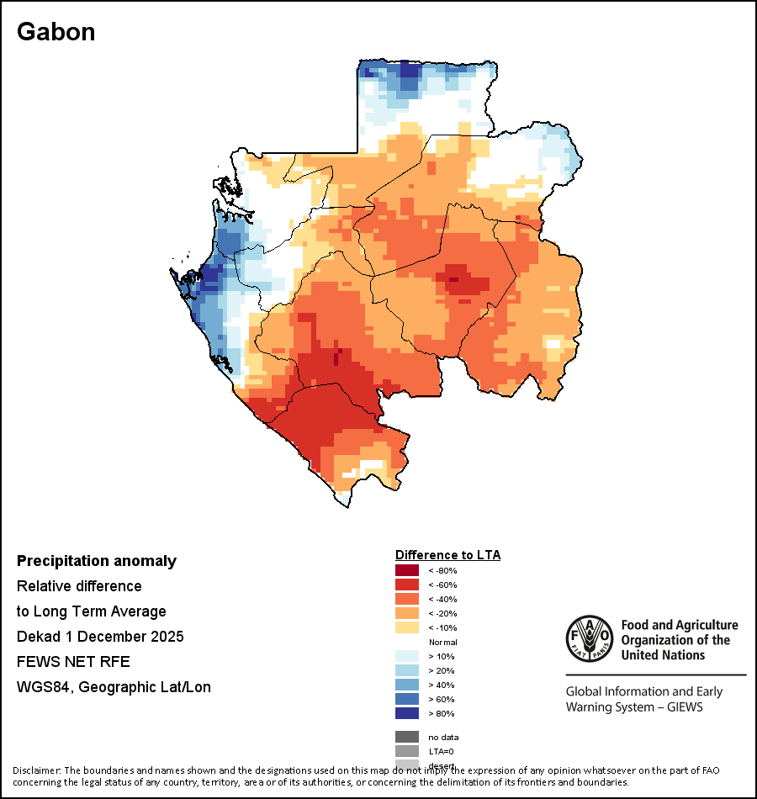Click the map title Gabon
(x=56, y=32)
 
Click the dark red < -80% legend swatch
(x=406, y=570)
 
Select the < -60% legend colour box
(x=406, y=585)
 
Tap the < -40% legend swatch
(x=406, y=599)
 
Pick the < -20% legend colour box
(x=406, y=613)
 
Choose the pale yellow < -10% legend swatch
(x=406, y=627)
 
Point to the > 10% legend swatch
(x=406, y=656)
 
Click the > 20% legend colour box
(x=406, y=670)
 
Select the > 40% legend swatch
(x=406, y=685)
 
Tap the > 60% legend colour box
(x=406, y=699)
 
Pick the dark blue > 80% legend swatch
(x=406, y=713)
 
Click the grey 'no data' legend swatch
(x=406, y=737)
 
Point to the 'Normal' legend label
(x=442, y=642)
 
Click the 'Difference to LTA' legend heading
(x=447, y=555)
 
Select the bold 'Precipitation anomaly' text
(x=97, y=561)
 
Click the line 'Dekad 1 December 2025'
(x=100, y=636)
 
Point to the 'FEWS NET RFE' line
(x=73, y=661)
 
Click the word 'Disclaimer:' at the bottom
(x=36, y=770)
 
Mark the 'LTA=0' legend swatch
(x=406, y=751)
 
